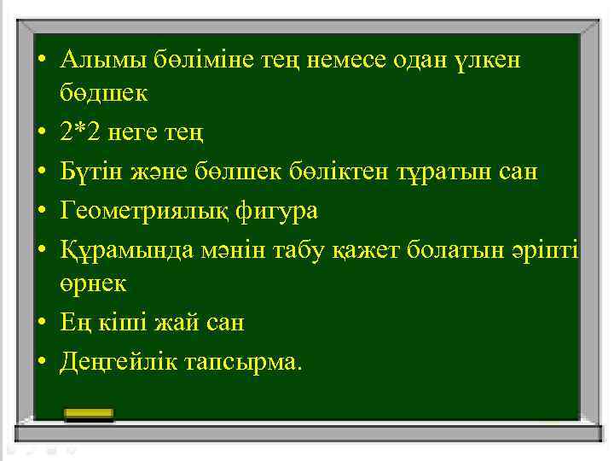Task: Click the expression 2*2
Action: (x=81, y=133)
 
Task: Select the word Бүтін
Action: (x=89, y=171)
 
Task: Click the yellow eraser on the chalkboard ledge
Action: (x=90, y=414)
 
